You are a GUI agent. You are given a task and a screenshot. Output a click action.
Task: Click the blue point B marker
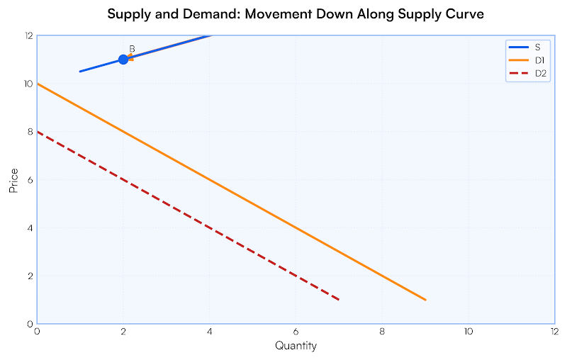[x=123, y=59]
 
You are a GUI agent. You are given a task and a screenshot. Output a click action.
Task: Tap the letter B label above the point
[x=132, y=49]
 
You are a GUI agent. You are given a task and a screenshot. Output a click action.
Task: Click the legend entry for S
[x=528, y=47]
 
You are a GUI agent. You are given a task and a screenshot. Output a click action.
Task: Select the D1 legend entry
[x=528, y=60]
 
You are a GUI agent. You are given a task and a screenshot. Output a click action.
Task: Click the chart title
[x=296, y=15]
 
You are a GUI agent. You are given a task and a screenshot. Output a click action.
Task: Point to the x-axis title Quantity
[x=296, y=346]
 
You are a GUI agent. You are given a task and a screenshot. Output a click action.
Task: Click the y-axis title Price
[x=13, y=180]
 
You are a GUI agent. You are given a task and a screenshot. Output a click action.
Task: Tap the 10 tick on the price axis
[x=28, y=84]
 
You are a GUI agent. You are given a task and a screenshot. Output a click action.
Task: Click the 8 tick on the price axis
[x=29, y=132]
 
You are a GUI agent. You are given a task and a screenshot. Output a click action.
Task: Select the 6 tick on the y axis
[x=29, y=180]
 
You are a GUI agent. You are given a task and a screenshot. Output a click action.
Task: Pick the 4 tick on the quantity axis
[x=209, y=332]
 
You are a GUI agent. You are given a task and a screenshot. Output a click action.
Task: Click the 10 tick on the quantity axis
[x=468, y=332]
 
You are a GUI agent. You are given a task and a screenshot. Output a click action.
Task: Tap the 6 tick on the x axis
[x=296, y=332]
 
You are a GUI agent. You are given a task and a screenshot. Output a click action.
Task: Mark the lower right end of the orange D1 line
[x=425, y=300]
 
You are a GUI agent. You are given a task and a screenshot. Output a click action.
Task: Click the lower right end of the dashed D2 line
[x=339, y=300]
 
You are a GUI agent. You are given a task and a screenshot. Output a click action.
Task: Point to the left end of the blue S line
[x=80, y=71]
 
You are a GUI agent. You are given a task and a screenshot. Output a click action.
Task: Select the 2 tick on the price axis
[x=29, y=276]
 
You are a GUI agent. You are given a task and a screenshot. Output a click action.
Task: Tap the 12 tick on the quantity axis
[x=554, y=332]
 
